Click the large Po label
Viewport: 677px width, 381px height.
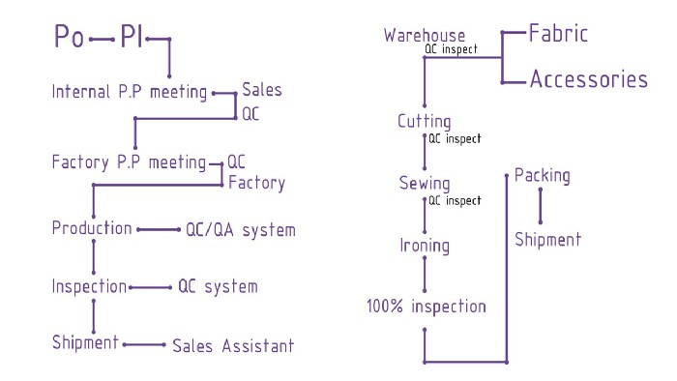(68, 39)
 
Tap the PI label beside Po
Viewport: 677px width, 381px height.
(131, 39)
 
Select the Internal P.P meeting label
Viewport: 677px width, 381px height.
(130, 93)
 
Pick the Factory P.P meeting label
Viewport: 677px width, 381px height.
(129, 161)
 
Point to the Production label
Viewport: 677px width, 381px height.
(92, 229)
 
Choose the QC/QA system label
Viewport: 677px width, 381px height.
(240, 230)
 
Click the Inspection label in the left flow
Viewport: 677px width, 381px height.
(89, 286)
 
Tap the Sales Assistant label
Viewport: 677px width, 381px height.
(232, 345)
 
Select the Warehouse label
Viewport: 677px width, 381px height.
(425, 36)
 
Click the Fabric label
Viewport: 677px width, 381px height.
(558, 34)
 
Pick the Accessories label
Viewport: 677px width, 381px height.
(588, 79)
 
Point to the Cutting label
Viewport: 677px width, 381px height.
(425, 122)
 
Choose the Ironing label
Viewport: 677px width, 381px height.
(425, 246)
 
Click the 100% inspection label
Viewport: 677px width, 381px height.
(426, 308)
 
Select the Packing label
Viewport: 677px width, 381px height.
(542, 176)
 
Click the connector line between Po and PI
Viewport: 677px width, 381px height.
(101, 40)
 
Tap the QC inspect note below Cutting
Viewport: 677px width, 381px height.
(455, 139)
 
